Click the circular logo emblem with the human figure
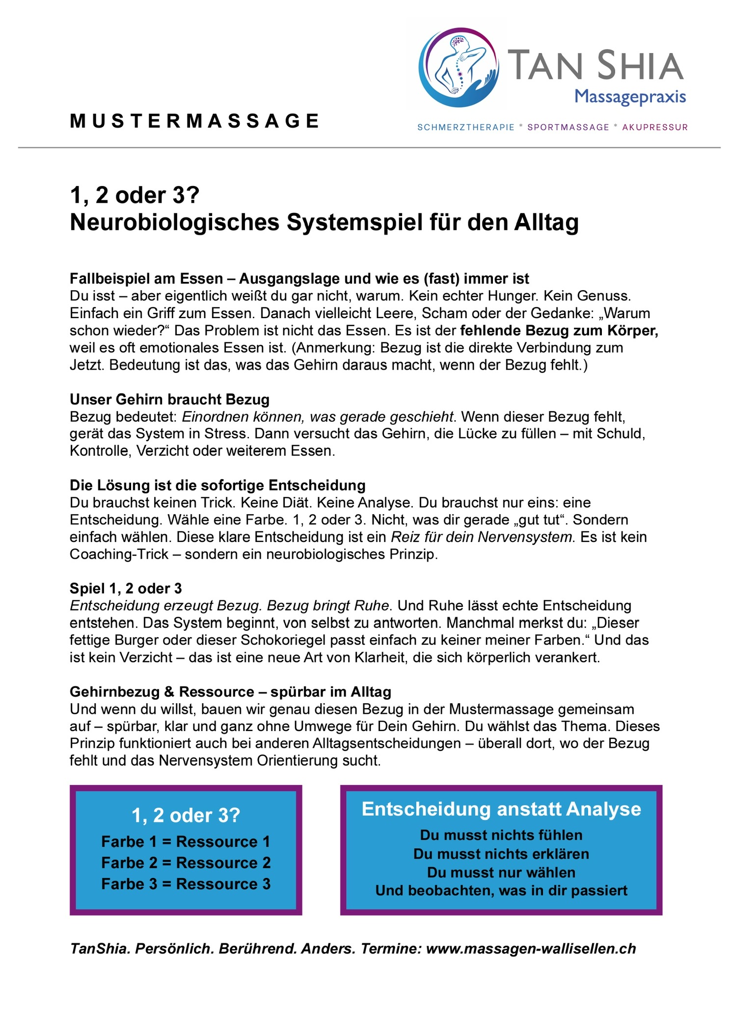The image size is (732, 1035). click(x=459, y=67)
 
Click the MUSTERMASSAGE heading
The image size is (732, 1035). click(x=195, y=121)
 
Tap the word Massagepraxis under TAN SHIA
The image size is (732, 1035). click(x=630, y=97)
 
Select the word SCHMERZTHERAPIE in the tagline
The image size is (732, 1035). click(x=465, y=128)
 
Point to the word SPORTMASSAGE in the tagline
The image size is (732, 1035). click(x=568, y=128)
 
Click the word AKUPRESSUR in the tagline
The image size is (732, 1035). click(x=655, y=128)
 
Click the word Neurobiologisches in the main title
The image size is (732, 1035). click(x=175, y=222)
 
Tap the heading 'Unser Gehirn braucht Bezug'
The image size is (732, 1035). click(x=169, y=399)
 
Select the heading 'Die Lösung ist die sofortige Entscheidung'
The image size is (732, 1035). click(x=217, y=485)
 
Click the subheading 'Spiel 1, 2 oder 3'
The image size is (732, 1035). click(x=126, y=588)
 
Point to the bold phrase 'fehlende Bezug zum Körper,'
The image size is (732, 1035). click(x=559, y=330)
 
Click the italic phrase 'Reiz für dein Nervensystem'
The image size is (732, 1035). click(x=482, y=537)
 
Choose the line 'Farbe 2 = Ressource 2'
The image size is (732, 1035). click(x=186, y=863)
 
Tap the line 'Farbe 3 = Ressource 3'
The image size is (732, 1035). click(x=186, y=884)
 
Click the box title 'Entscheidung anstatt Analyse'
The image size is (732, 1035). click(x=501, y=809)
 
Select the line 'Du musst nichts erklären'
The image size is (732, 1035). click(x=501, y=854)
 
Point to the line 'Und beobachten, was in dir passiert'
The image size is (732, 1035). click(x=501, y=891)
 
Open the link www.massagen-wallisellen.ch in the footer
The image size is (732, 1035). click(x=531, y=949)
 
